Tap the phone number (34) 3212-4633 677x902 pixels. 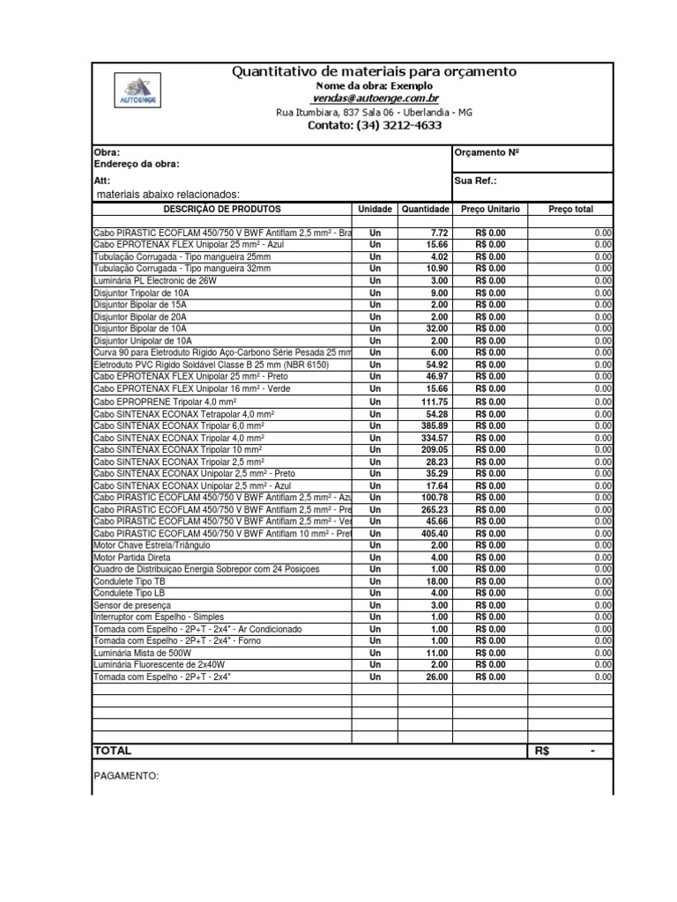(374, 125)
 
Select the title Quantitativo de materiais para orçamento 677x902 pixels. (374, 71)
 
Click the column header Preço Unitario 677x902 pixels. (490, 210)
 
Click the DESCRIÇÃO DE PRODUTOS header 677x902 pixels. (222, 210)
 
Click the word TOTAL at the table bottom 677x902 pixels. (113, 751)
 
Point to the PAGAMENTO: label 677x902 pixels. (126, 777)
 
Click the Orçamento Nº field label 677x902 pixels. (486, 152)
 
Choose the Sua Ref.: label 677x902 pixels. (475, 180)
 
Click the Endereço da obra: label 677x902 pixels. (137, 164)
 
